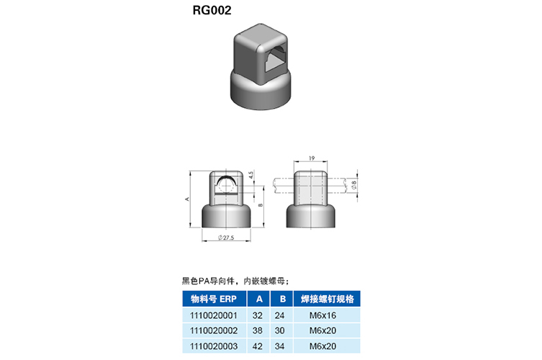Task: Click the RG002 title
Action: [x=212, y=10]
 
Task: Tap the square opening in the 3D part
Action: [x=276, y=60]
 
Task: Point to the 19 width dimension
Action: [x=312, y=158]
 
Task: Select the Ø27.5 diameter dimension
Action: [x=226, y=238]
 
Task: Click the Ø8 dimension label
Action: [x=353, y=185]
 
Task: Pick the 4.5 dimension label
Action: [x=251, y=175]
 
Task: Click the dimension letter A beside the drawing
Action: [x=187, y=199]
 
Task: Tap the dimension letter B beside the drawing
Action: [x=261, y=205]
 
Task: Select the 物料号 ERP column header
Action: [x=214, y=299]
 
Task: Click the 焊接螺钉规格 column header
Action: [x=327, y=299]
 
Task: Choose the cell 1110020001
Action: [x=214, y=315]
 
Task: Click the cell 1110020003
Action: [x=214, y=346]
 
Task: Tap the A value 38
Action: [x=258, y=330]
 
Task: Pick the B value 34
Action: [x=280, y=346]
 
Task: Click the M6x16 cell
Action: [x=323, y=315]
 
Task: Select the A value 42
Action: [x=258, y=346]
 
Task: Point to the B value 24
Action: [x=280, y=315]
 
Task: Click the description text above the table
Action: [x=235, y=281]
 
